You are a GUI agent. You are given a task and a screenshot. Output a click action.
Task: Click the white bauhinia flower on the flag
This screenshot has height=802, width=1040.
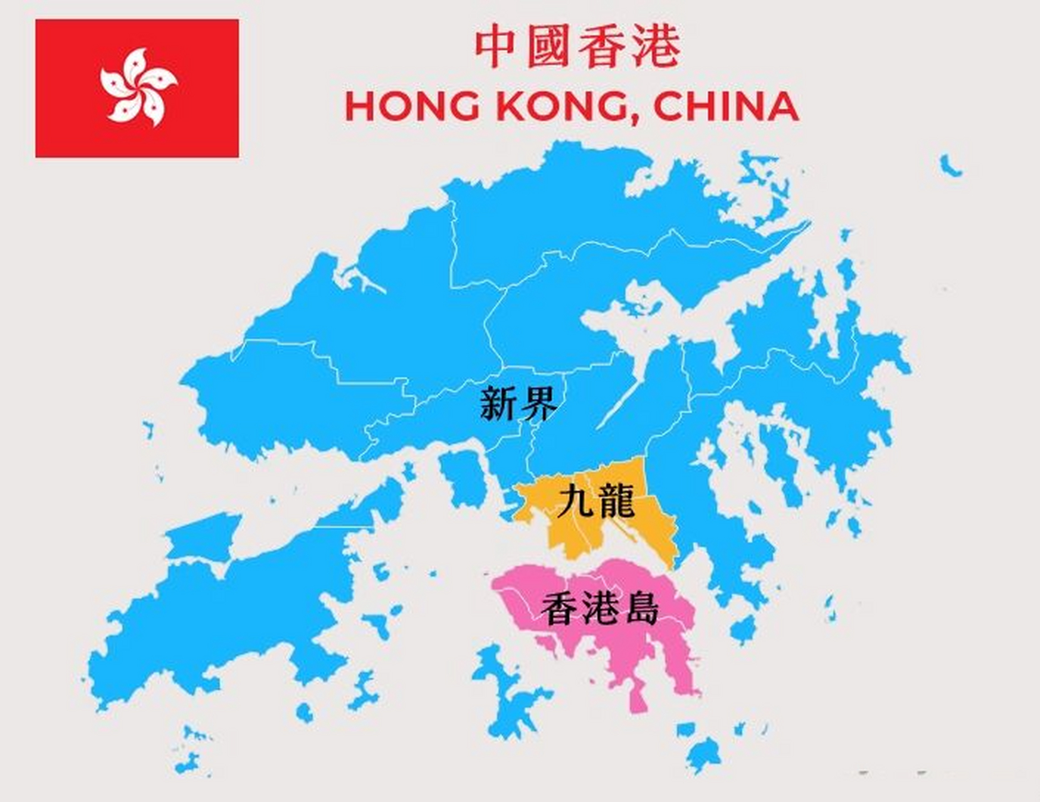138,87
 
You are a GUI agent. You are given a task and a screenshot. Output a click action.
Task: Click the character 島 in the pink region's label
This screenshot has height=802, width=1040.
638,608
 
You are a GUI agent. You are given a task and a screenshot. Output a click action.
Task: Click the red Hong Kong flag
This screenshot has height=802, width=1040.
137,88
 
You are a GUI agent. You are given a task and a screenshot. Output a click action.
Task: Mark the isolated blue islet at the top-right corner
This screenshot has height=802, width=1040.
950,166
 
